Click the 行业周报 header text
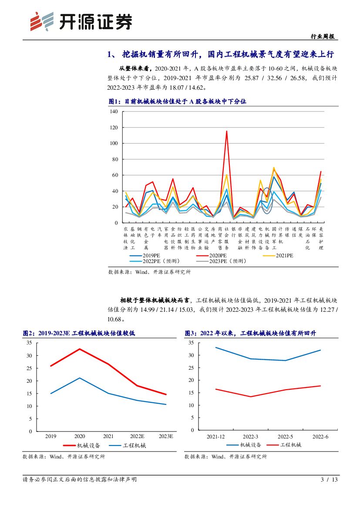(325, 37)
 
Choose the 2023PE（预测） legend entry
(226, 261)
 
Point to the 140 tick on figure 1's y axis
(114, 111)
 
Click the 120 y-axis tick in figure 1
(114, 128)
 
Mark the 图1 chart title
(177, 101)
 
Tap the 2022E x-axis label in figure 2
(137, 436)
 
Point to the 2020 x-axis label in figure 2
(80, 436)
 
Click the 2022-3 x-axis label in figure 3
(250, 436)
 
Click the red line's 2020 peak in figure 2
(80, 349)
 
